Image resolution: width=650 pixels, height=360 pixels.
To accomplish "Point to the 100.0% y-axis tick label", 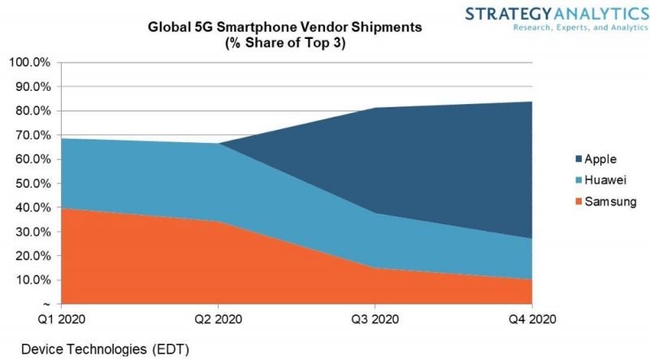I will (30, 63).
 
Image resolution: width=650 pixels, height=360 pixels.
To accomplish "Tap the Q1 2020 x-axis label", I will (59, 319).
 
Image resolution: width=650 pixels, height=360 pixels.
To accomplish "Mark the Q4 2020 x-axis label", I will (532, 319).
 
